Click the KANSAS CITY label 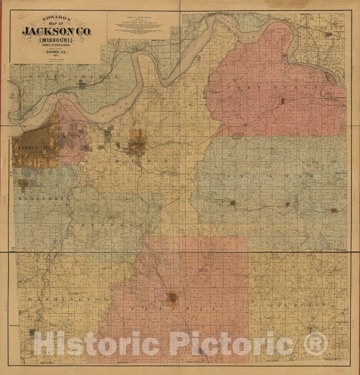click(35, 147)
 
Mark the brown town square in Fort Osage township click(283, 101)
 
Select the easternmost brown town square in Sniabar click(334, 210)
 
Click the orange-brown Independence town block click(137, 142)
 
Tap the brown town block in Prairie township click(172, 297)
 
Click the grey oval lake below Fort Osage click(238, 136)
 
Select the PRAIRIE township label click(174, 309)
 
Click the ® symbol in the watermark click(317, 343)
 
